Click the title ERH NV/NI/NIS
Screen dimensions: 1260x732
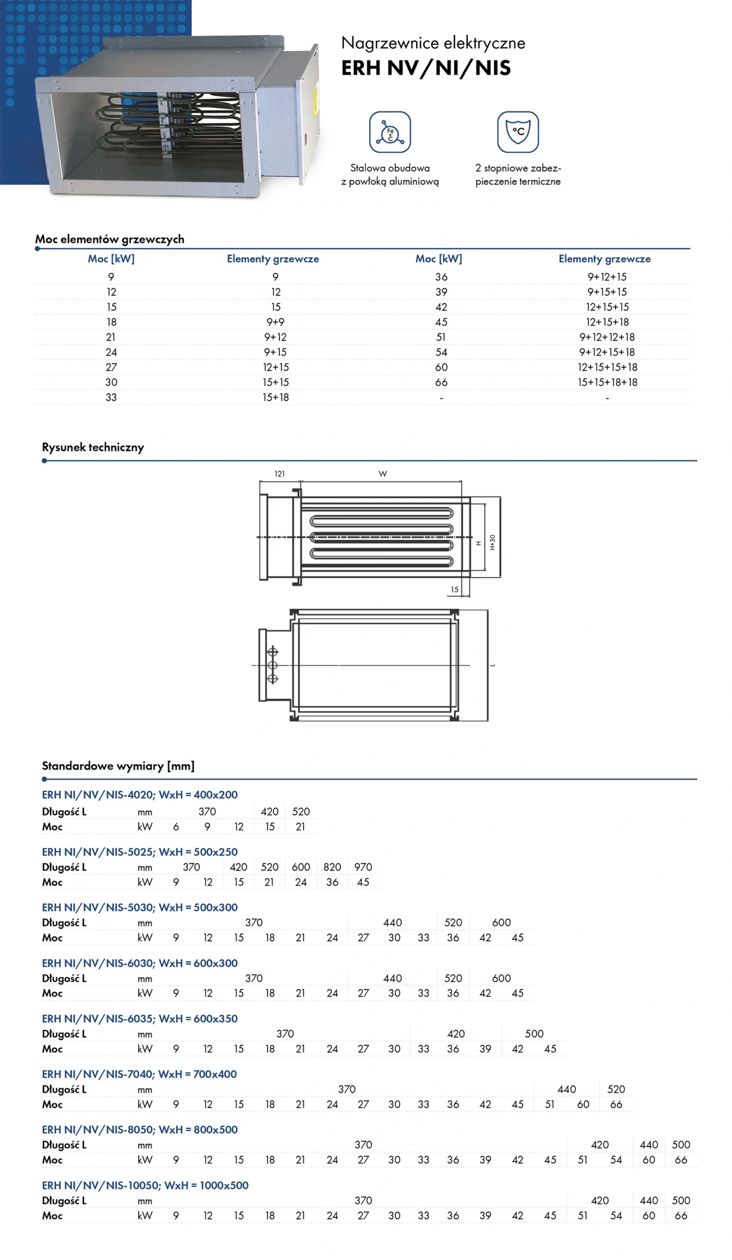coord(425,68)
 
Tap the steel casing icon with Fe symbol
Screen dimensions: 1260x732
coord(389,132)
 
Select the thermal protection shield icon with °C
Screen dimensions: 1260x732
coord(517,132)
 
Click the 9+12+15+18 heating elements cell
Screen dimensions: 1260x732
coord(606,352)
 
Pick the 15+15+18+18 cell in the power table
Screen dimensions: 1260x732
coord(607,382)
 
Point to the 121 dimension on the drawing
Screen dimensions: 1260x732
coord(280,473)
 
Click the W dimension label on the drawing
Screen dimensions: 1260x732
coord(382,473)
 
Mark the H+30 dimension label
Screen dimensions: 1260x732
coord(492,542)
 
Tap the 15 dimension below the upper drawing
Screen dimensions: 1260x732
coord(454,590)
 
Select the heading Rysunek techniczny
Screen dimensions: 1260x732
coord(93,447)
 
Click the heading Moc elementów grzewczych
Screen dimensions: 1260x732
coord(109,239)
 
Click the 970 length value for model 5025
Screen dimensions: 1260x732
coord(363,867)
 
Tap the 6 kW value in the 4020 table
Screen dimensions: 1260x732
coord(176,827)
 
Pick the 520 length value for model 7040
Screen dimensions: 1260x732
coord(616,1089)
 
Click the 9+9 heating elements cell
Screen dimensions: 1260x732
coord(275,322)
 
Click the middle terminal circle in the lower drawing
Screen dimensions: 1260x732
coord(273,665)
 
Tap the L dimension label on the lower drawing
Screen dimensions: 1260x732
coord(492,665)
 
